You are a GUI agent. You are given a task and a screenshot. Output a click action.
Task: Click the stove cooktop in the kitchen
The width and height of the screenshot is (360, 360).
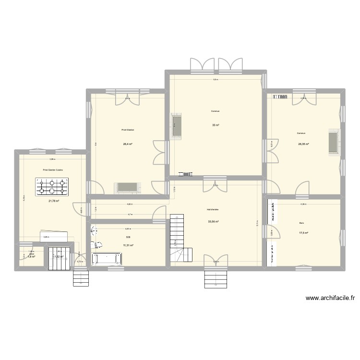51,186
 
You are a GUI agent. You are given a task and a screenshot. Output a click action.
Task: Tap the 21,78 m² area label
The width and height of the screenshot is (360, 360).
53,201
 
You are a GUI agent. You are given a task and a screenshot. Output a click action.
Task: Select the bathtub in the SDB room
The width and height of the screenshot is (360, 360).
107,259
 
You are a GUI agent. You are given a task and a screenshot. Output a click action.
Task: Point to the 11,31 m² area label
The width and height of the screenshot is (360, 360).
128,245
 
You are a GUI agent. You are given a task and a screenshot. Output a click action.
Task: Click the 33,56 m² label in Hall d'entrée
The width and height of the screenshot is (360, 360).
213,221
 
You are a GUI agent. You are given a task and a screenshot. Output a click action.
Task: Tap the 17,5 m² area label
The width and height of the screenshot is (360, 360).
303,233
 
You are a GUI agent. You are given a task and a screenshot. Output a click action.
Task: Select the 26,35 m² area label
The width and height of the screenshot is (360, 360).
303,144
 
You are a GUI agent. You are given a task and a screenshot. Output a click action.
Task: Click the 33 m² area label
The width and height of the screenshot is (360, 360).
216,125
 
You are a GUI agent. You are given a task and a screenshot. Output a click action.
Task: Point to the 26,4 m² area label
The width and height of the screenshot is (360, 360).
128,144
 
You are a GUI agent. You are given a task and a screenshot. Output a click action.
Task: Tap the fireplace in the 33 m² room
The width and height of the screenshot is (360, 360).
176,127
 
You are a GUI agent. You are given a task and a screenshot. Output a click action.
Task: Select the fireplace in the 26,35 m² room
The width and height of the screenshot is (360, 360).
333,144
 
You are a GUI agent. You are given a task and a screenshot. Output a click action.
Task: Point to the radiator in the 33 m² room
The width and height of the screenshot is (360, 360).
185,175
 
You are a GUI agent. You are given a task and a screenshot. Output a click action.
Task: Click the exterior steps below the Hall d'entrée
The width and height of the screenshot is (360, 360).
215,279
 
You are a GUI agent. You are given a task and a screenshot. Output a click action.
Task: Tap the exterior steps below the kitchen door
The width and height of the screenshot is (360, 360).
81,278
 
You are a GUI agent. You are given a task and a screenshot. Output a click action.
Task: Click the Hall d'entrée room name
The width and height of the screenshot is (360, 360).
213,210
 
